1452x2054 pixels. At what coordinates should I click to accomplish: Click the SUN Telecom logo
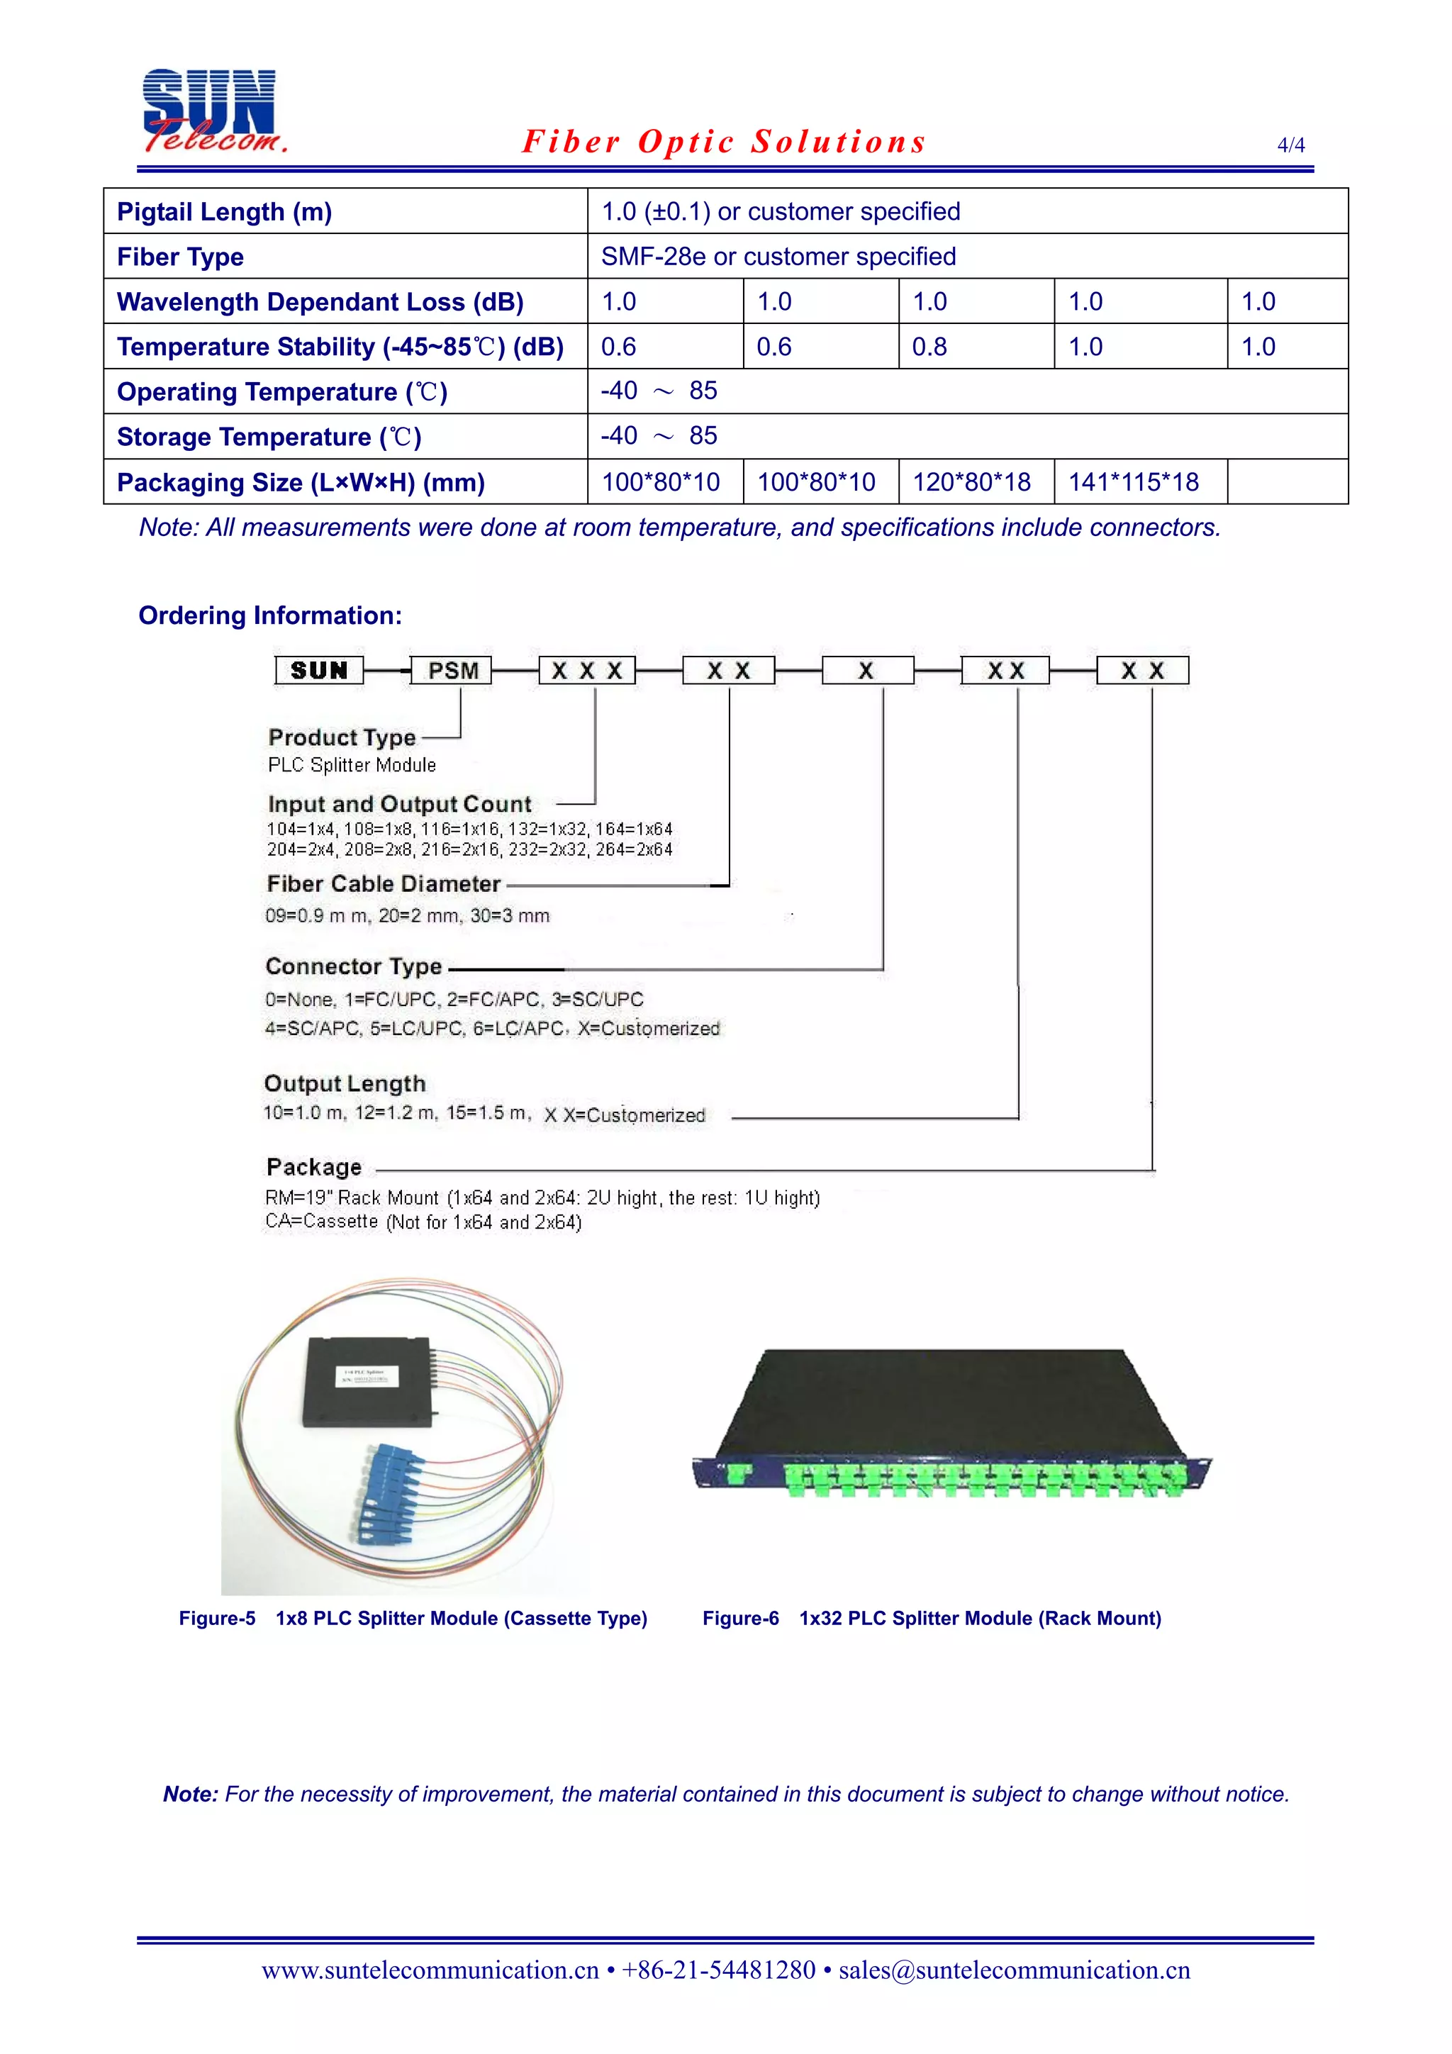click(213, 111)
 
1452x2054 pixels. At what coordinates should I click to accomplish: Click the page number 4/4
click(1290, 145)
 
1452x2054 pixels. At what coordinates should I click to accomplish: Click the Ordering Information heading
click(270, 615)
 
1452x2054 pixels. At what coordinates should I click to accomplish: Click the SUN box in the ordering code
click(319, 671)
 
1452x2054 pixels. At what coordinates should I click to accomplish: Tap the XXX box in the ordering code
click(587, 671)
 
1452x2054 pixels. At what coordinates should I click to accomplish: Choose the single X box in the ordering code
click(866, 671)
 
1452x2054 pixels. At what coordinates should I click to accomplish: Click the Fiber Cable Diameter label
click(383, 884)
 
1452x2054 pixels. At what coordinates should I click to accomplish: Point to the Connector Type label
click(353, 966)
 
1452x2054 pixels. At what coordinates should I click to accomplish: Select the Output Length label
click(345, 1083)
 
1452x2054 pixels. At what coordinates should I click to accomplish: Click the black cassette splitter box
click(369, 1380)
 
